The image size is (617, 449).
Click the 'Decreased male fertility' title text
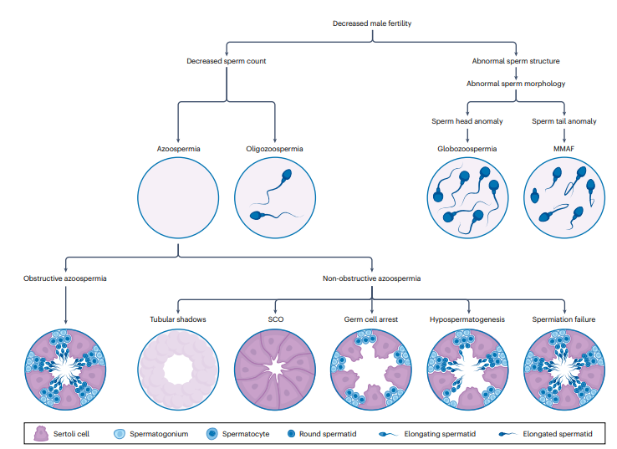[x=372, y=23]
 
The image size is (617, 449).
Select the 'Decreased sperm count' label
[x=227, y=61]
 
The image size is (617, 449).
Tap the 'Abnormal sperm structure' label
[x=516, y=61]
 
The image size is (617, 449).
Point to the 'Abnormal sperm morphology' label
[x=516, y=84]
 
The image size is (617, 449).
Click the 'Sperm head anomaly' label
[x=467, y=121]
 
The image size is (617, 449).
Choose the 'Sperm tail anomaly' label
[x=563, y=121]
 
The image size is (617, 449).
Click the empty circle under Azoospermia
[x=178, y=197]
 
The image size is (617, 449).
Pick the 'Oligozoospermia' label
[x=275, y=149]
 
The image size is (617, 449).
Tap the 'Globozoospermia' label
[x=467, y=149]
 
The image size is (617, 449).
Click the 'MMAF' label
[x=563, y=149]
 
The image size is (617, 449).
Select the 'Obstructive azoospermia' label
[x=65, y=278]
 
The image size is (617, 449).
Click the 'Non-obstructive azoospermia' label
[x=371, y=278]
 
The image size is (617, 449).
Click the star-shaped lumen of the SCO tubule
[x=275, y=369]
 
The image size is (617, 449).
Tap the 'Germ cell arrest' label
[x=371, y=319]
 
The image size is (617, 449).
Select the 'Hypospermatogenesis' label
[x=467, y=319]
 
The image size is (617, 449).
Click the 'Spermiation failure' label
[x=563, y=319]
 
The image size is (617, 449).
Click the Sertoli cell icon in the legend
[x=41, y=434]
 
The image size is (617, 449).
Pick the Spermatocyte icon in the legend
[x=212, y=434]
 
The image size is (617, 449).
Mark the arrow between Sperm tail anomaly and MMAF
[x=563, y=135]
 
